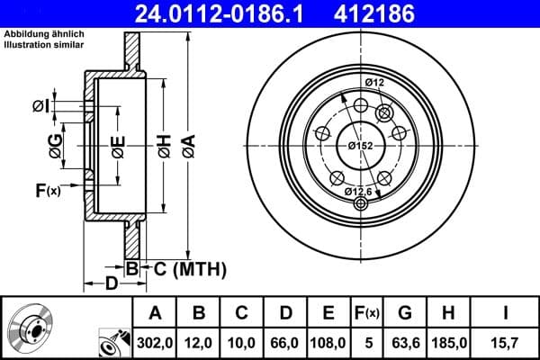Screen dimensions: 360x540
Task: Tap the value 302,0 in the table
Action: tap(156, 343)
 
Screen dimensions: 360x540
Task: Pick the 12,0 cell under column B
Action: tap(200, 343)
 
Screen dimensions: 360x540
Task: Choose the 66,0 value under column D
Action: tap(286, 343)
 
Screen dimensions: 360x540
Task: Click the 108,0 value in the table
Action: tap(328, 343)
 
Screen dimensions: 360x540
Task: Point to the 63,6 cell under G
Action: tap(406, 343)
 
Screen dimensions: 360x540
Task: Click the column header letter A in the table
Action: tap(156, 314)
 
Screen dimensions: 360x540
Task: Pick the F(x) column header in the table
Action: tap(367, 314)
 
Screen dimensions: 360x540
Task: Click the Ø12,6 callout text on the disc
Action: tap(359, 191)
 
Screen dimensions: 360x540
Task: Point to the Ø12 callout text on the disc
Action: tap(374, 83)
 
